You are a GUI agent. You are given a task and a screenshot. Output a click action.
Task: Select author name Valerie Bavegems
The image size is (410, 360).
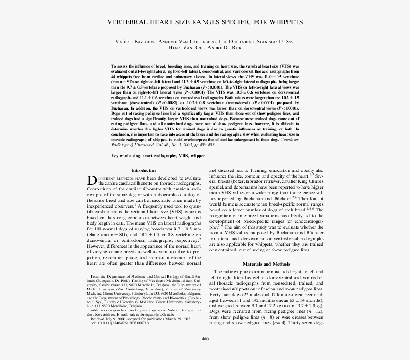(x=135, y=42)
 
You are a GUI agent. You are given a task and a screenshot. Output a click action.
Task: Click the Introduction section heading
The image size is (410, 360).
(x=143, y=170)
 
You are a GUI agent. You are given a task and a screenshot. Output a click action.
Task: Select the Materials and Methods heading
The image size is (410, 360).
(x=266, y=264)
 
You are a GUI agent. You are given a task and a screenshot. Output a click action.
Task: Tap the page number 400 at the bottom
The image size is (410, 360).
(x=205, y=339)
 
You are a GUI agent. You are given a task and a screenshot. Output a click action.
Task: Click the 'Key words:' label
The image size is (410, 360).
(x=121, y=156)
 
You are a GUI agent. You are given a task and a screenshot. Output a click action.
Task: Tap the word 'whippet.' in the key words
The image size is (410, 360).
(x=198, y=156)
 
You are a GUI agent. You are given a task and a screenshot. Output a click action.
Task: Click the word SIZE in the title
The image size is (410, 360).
(x=185, y=22)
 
